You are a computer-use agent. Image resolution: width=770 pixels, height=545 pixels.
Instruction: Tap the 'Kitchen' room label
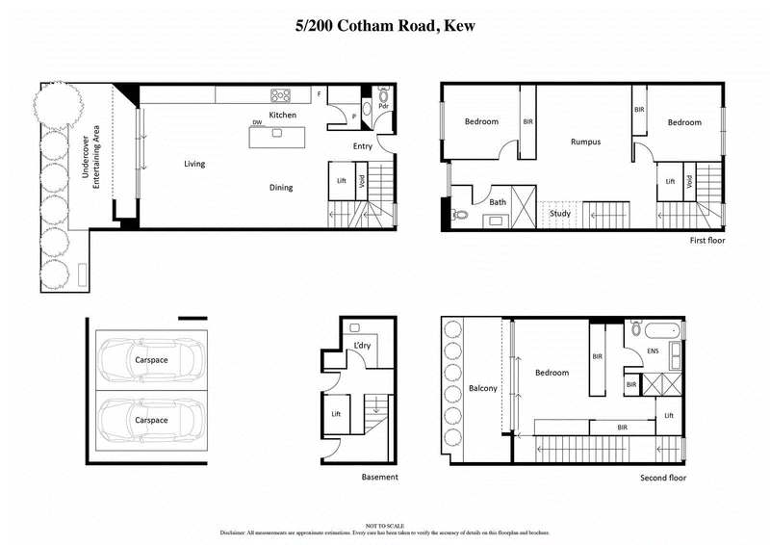coord(282,116)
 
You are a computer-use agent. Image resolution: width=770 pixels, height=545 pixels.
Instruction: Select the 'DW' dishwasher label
coord(257,123)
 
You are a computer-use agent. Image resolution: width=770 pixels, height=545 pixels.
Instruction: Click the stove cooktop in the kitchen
coord(281,94)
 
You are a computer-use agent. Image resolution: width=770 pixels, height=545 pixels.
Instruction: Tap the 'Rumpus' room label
coord(584,142)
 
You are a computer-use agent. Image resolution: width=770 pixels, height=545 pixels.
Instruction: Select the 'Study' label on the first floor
coord(560,213)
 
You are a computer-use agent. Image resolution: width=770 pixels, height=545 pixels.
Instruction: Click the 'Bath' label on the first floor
coord(498,202)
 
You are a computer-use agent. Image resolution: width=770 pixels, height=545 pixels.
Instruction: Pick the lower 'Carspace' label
coord(152,421)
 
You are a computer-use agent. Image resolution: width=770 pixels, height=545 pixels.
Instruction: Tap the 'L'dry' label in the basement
coord(363,345)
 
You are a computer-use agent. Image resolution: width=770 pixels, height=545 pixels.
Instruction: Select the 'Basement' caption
coord(379,478)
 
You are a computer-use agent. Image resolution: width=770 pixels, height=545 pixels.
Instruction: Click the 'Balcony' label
coord(482,388)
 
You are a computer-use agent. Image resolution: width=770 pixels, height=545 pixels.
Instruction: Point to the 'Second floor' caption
coord(665,478)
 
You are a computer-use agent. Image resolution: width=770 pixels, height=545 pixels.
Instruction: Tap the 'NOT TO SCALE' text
coord(384,524)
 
